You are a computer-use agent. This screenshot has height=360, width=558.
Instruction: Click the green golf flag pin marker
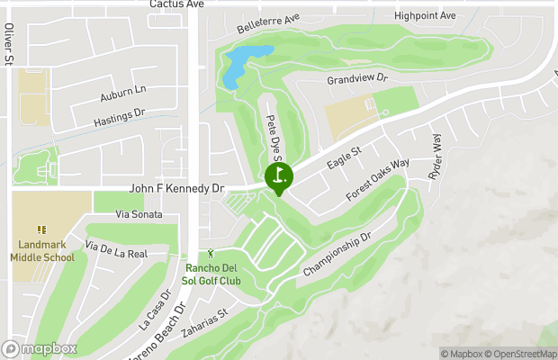click(x=278, y=176)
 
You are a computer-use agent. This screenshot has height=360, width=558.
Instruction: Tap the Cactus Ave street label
click(x=176, y=4)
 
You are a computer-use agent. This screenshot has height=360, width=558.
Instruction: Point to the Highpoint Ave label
click(x=425, y=16)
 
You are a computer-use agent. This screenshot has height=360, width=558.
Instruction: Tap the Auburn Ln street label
click(x=124, y=91)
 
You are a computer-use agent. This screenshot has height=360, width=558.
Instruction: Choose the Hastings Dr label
click(x=119, y=118)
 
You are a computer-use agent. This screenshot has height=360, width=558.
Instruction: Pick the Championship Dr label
click(x=337, y=255)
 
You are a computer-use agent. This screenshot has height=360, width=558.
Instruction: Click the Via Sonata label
click(x=139, y=214)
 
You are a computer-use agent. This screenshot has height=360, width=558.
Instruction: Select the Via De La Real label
click(x=116, y=249)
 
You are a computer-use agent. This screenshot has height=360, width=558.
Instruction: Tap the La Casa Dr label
click(x=155, y=309)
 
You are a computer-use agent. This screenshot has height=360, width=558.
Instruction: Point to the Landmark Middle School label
click(x=42, y=250)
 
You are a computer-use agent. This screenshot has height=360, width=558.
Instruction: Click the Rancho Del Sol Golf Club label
click(x=213, y=274)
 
